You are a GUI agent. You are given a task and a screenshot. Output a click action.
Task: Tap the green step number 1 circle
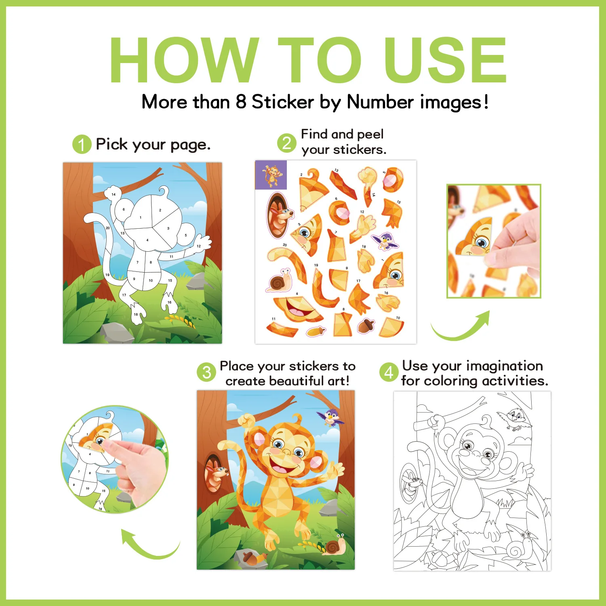(82, 144)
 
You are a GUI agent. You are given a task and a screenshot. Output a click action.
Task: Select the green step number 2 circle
(286, 143)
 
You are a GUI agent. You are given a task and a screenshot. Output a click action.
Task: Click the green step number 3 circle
(206, 372)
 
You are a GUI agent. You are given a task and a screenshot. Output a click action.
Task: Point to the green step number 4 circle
(389, 372)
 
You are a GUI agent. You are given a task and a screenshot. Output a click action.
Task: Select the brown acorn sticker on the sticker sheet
(366, 325)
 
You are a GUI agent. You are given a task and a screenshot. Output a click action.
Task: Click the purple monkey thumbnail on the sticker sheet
(271, 175)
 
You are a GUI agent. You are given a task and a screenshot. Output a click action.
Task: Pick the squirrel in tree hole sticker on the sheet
(278, 215)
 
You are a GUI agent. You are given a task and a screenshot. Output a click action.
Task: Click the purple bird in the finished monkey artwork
(331, 417)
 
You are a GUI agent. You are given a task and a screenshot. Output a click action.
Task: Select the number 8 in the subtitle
(241, 101)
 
